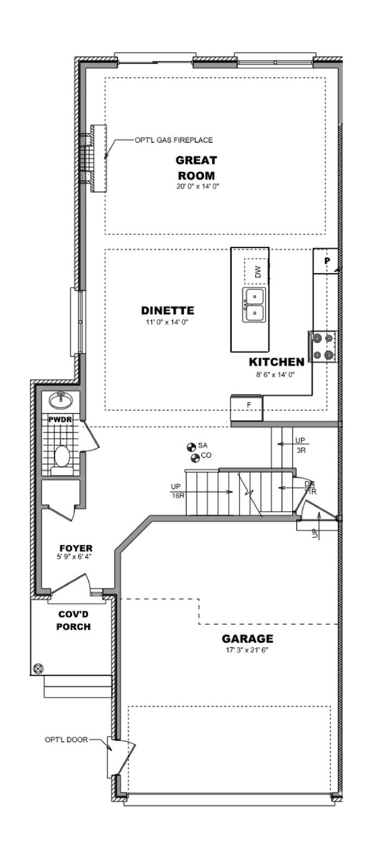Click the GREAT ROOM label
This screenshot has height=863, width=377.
pos(196,168)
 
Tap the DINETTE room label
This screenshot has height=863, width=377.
pos(167,310)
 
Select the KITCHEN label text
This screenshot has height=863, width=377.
pos(277,362)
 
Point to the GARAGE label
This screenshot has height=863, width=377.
pos(248,639)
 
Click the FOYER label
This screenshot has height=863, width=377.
pos(76,548)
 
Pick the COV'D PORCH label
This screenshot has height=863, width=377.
pos(74,621)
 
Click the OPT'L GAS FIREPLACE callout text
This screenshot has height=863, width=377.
pos(174,140)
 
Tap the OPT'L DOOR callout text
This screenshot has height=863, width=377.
pos(66,740)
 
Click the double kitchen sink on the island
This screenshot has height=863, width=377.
pos(254,304)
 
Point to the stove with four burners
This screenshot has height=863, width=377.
pos(323,346)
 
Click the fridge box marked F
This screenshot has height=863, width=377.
pos(247,408)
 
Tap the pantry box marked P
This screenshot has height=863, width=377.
pos(326,261)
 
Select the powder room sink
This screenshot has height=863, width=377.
pos(60,401)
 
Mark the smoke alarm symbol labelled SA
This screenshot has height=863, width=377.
pos(191,447)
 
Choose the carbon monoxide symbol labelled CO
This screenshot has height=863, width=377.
pos(196,458)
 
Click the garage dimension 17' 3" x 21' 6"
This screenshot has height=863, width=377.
pos(247,651)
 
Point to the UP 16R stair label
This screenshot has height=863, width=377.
pos(177,491)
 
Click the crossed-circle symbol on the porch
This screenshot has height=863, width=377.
pos(39,669)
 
